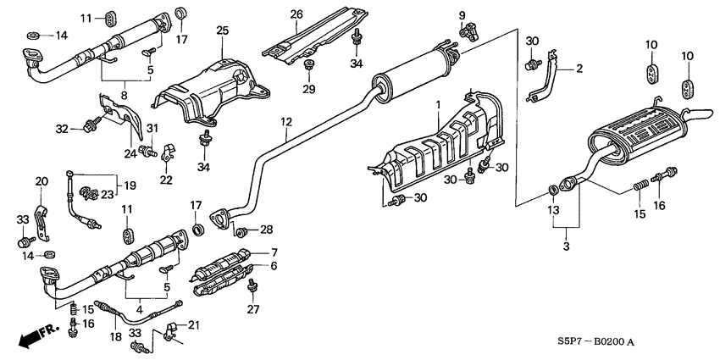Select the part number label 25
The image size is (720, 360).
tap(222, 30)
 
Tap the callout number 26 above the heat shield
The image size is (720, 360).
tap(296, 14)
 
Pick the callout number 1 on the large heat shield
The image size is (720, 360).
tap(439, 104)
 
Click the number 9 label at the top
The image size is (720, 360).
tap(462, 15)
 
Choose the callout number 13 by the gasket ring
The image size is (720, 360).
tap(552, 210)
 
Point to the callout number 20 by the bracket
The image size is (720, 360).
tap(41, 181)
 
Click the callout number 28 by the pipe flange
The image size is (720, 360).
tap(267, 230)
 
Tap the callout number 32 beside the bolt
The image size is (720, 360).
tap(62, 130)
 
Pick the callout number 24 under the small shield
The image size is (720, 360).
tap(130, 153)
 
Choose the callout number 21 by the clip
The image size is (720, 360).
tap(193, 325)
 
